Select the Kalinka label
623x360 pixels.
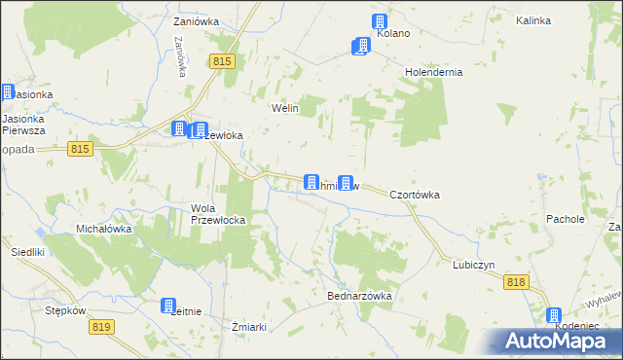pyautogui.click(x=562, y=20)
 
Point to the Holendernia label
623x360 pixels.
pyautogui.click(x=433, y=72)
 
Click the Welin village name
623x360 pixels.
pyautogui.click(x=284, y=108)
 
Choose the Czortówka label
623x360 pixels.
pyautogui.click(x=415, y=195)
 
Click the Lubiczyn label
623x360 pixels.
pyautogui.click(x=474, y=265)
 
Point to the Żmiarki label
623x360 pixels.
pyautogui.click(x=250, y=326)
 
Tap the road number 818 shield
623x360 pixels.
pyautogui.click(x=516, y=281)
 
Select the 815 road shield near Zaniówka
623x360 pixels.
pyautogui.click(x=222, y=61)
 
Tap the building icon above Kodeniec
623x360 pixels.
pyautogui.click(x=554, y=315)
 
